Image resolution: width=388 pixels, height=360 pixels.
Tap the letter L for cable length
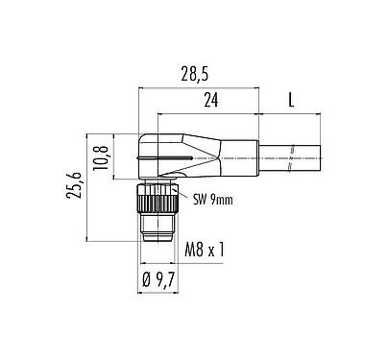(x=291, y=99)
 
